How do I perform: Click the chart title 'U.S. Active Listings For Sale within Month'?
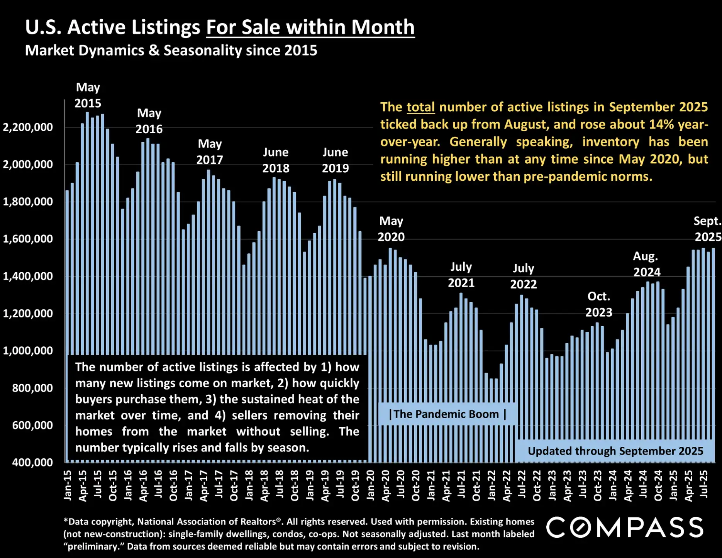click(x=220, y=27)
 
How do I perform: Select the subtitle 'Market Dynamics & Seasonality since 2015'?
click(x=171, y=51)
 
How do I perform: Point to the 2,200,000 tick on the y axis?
click(x=28, y=127)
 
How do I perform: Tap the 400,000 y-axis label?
click(x=32, y=462)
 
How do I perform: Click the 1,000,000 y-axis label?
click(x=28, y=351)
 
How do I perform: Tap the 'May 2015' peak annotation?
click(x=88, y=95)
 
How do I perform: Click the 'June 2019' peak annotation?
click(x=335, y=160)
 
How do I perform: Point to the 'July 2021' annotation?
click(x=461, y=275)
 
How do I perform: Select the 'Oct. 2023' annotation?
click(x=598, y=304)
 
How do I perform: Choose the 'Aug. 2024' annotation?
click(x=646, y=264)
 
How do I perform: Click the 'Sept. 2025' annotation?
click(x=707, y=229)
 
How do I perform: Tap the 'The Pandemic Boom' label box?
click(x=447, y=414)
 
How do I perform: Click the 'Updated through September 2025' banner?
click(x=615, y=451)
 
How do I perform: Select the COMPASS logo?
click(x=624, y=527)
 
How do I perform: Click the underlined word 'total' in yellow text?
click(x=420, y=107)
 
